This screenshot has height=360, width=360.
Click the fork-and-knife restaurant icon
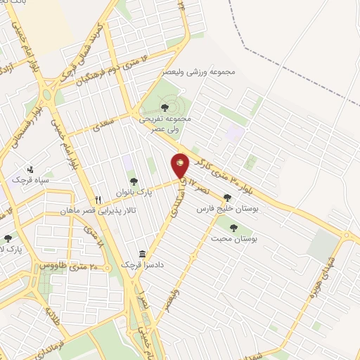coord(98,199)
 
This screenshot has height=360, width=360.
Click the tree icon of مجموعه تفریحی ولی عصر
coord(165,107)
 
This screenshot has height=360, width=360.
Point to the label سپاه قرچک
coord(29,181)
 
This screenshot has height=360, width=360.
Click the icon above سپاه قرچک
coord(30,169)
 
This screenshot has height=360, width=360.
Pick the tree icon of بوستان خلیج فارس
coord(226,198)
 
